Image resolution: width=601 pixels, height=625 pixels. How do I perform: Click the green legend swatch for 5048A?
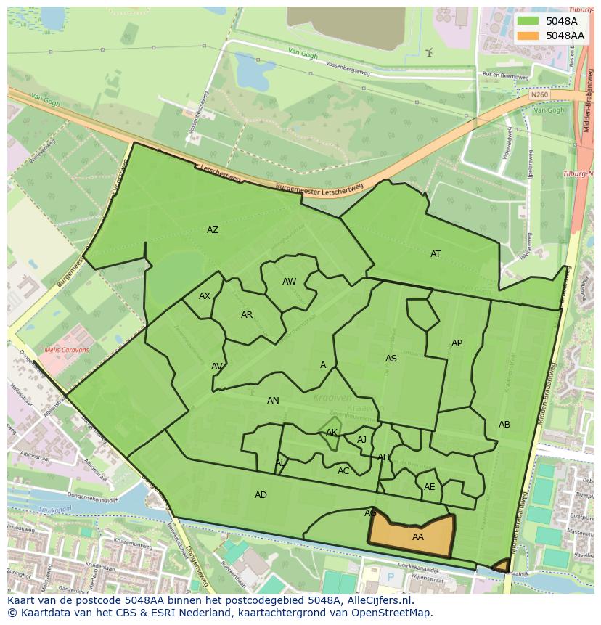528,21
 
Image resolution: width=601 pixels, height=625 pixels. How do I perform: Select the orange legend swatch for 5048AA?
528,36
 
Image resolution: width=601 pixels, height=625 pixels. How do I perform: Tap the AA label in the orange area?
418,537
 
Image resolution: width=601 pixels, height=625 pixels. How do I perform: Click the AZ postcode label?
213,230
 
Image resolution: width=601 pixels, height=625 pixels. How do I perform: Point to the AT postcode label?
436,254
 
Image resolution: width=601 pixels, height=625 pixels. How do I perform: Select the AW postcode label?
290,282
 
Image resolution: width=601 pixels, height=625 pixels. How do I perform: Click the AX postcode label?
205,296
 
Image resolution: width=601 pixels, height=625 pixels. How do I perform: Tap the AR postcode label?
247,315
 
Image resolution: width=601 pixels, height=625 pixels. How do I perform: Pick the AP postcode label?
457,343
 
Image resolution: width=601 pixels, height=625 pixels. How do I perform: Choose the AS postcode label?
391,359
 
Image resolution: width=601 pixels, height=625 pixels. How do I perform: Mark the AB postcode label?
504,425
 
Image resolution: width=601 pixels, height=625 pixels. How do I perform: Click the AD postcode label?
261,495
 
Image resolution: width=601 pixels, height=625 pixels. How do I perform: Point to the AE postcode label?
430,487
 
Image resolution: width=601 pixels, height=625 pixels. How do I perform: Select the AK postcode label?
332,433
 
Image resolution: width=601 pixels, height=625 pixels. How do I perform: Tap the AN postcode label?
273,401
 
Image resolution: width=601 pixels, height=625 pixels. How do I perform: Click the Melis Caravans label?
67,350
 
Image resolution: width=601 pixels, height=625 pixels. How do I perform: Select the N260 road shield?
539,94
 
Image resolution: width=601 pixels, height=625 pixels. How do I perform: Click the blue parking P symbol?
391,578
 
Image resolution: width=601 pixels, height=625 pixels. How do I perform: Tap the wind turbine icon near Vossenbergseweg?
429,52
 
